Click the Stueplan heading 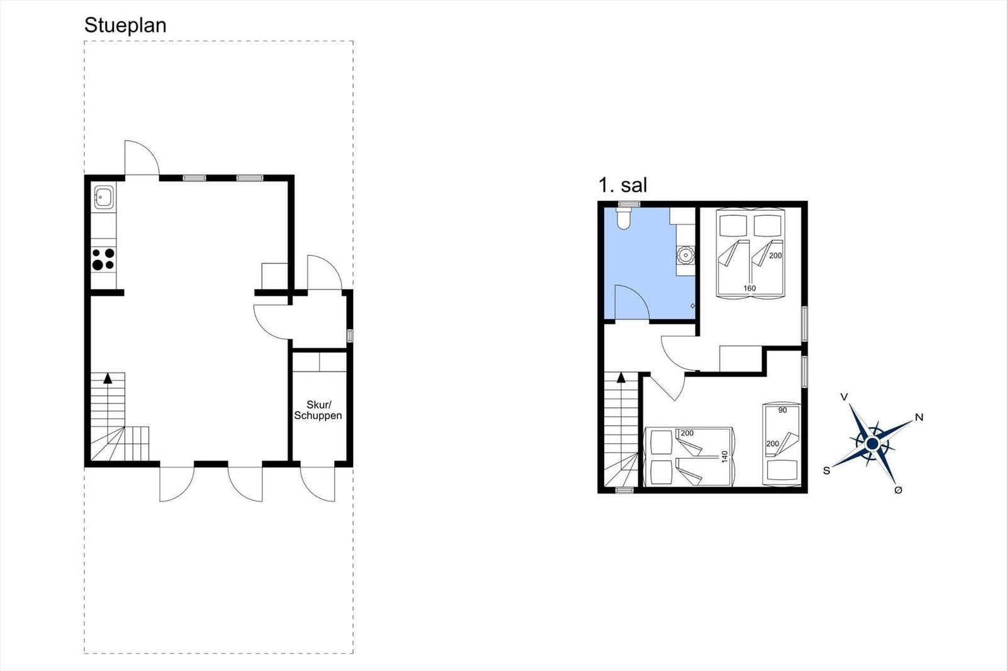coord(125,26)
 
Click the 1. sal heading coord(622,185)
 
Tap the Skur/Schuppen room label coord(318,410)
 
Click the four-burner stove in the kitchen coord(103,259)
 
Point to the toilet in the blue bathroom coord(624,218)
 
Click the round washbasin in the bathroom coord(685,255)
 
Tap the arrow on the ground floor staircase coord(108,378)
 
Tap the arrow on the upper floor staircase coord(621,377)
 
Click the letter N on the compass coord(919,417)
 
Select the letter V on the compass coord(844,397)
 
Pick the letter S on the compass coord(826,470)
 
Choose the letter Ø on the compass coord(897,490)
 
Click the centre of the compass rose coord(872,444)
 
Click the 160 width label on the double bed coord(750,288)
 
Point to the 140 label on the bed coord(724,457)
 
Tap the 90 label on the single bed coord(783,410)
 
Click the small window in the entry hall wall coord(350,335)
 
